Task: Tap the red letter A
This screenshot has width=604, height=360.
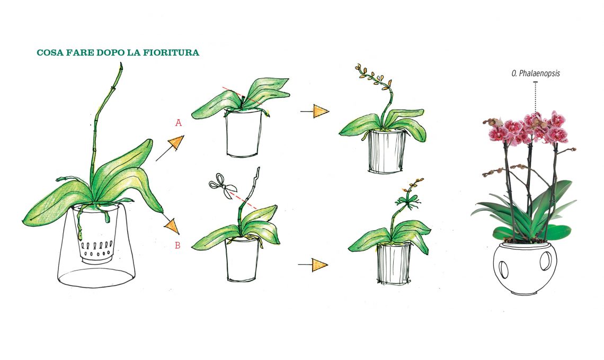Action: coord(179,123)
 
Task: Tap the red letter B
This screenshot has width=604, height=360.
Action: coord(177,245)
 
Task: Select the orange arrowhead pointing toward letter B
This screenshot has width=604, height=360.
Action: coord(173,227)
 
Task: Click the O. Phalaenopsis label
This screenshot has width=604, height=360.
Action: coord(536,73)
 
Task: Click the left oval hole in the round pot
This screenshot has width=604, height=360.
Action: coord(503,269)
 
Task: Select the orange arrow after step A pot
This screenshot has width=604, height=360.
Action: coord(315,111)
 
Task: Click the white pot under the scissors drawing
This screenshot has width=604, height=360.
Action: coord(242,259)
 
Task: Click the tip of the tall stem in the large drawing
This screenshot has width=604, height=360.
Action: coord(121,64)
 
